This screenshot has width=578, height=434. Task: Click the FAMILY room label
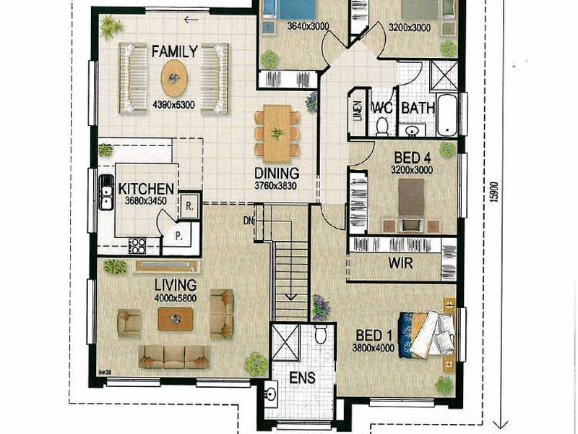(174, 51)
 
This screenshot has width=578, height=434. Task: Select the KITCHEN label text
(146, 189)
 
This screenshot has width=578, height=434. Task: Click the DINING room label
(277, 174)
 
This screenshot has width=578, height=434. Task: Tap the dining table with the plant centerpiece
(277, 134)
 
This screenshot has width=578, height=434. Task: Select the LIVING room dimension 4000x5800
(175, 298)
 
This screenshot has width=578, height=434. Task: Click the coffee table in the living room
(176, 318)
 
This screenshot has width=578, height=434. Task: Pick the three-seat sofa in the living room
(173, 355)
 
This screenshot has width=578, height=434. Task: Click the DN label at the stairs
(250, 220)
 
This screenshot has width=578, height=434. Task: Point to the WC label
(381, 108)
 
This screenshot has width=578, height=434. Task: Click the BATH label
(417, 108)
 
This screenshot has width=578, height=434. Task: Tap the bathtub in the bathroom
(448, 116)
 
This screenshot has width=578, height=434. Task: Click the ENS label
(298, 378)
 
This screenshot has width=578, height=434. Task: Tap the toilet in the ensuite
(322, 334)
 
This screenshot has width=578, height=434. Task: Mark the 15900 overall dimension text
(493, 190)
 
